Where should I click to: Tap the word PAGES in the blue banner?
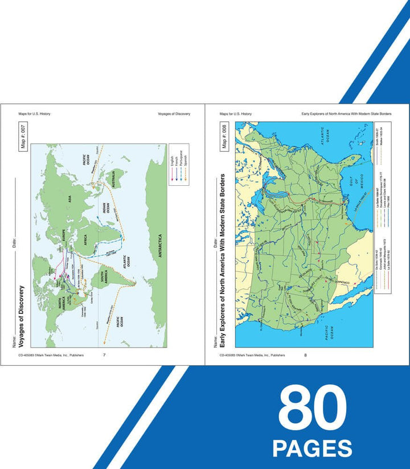pos(311,447)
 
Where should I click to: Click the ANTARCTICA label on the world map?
pos(159,246)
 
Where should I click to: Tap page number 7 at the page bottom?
pos(104,355)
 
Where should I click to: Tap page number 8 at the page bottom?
pos(305,355)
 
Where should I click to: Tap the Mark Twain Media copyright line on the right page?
pos(253,355)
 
